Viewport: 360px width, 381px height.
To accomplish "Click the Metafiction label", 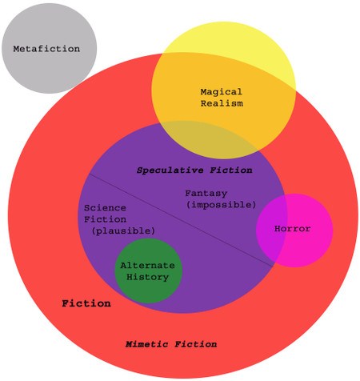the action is coord(46,49).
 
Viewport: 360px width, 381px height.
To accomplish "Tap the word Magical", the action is coord(222,92).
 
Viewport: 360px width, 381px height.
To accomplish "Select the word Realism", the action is coord(222,103).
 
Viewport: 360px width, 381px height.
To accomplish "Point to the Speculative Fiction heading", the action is coord(194,170).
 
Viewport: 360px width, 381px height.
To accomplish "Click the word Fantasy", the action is coord(206,193).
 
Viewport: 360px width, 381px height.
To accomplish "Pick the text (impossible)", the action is coord(221,205).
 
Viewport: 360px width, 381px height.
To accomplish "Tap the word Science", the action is coord(105,208).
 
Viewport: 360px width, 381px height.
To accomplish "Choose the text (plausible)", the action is coord(123,231).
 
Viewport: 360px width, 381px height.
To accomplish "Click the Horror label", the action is coord(292,229).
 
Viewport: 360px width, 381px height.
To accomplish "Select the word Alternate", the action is coord(147,266).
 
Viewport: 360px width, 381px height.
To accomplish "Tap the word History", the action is coord(147,277).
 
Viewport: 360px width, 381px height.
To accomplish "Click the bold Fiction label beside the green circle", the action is coord(86,303).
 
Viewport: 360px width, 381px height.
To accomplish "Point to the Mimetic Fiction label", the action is coord(171,344).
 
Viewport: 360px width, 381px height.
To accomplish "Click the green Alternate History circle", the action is coord(148,271).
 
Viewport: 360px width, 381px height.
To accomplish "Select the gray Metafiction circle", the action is coord(49,48).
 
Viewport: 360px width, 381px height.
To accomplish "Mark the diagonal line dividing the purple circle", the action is coord(182,221).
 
